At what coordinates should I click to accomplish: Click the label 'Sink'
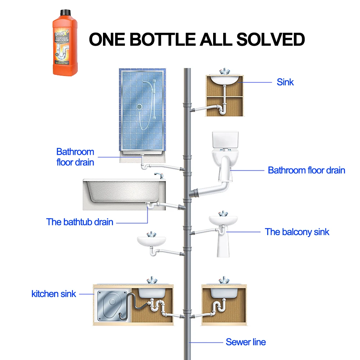[x=285, y=82]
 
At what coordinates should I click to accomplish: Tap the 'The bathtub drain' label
[x=80, y=222]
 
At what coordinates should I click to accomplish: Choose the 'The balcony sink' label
[x=297, y=232]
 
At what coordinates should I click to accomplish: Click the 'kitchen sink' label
[x=54, y=294]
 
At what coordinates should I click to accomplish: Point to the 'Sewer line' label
[x=246, y=342]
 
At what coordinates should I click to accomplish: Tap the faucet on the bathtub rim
[x=158, y=175]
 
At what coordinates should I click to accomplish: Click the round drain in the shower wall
[x=140, y=107]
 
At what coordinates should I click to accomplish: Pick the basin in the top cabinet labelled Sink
[x=224, y=80]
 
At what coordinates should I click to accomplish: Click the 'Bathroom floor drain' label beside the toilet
[x=306, y=170]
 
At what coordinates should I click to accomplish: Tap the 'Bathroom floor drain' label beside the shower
[x=75, y=157]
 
